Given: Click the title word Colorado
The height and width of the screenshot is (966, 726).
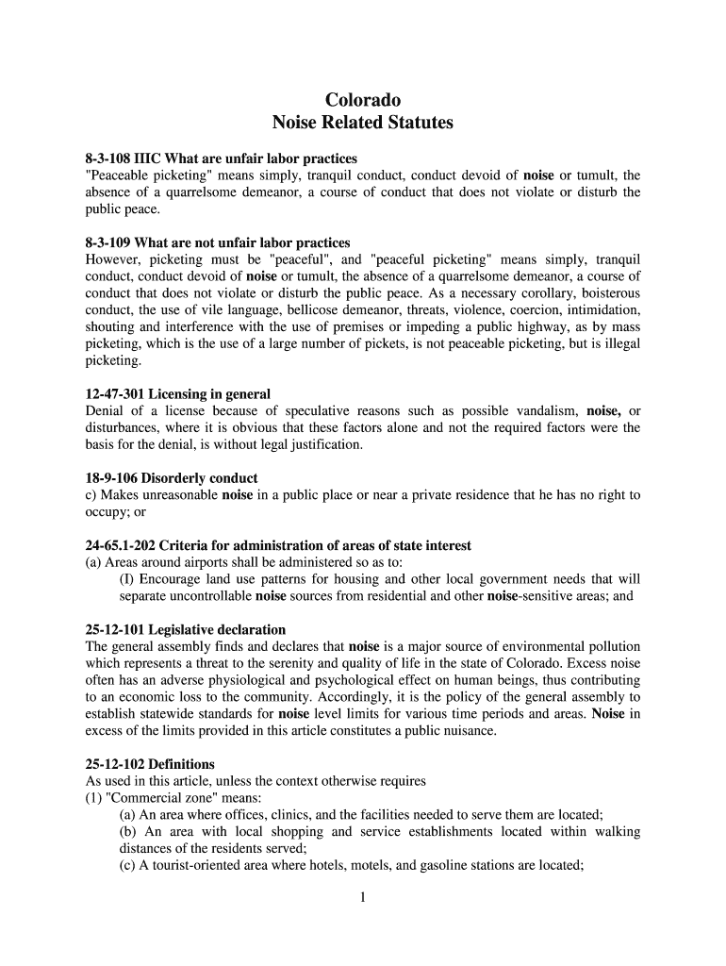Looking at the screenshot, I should (363, 100).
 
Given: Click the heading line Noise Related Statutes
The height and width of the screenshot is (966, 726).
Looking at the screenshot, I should (363, 123).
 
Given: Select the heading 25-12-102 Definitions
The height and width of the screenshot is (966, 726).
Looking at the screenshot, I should (150, 764).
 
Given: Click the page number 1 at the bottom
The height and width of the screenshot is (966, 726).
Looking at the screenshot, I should (362, 897).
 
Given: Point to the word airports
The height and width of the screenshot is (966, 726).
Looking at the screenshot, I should (193, 562).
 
